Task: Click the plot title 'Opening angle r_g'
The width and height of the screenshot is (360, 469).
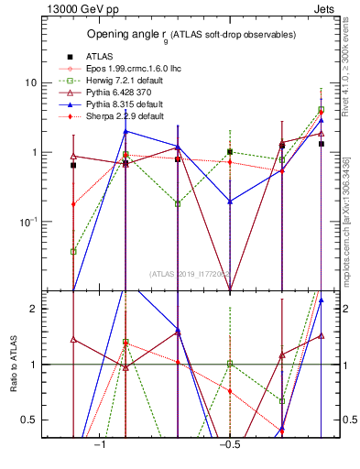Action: click(x=191, y=35)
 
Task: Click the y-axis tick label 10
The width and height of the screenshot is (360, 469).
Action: click(x=31, y=82)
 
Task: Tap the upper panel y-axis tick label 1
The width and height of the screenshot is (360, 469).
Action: click(x=34, y=152)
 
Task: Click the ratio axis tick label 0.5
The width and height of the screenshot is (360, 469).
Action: click(x=30, y=420)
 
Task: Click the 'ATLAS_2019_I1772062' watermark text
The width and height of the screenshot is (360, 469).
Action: click(x=191, y=274)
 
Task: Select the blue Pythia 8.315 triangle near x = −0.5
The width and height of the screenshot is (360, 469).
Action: click(x=230, y=202)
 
